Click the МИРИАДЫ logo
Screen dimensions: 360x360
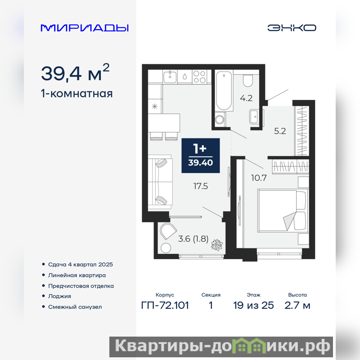(x=85, y=28)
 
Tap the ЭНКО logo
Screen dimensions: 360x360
(x=292, y=28)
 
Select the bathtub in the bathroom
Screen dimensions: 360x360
(x=224, y=91)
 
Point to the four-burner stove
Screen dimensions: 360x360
(x=199, y=76)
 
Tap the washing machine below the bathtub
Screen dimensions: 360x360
(x=220, y=119)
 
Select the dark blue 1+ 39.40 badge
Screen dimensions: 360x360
(x=200, y=155)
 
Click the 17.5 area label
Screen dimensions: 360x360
(x=200, y=186)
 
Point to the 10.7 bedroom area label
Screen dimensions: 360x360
(x=259, y=178)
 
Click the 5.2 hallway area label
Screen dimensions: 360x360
(x=280, y=131)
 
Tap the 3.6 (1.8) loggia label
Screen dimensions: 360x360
(x=193, y=239)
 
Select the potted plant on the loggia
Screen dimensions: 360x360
(x=217, y=245)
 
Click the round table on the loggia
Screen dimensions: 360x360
(x=166, y=248)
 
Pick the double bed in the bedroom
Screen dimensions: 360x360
(x=283, y=210)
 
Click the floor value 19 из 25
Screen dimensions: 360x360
(x=253, y=306)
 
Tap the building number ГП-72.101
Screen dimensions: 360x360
(x=165, y=306)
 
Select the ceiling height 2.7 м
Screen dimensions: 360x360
(x=297, y=306)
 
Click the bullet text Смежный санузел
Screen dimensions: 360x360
(x=75, y=307)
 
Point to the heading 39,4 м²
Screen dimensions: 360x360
(x=75, y=72)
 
